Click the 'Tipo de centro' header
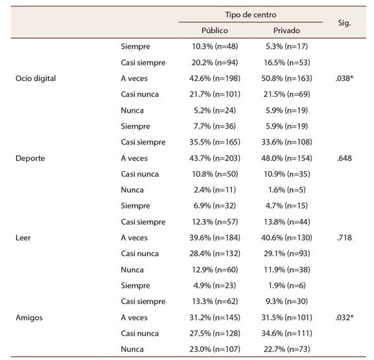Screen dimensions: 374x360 [x=250, y=15]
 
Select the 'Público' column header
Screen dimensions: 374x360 [x=215, y=30]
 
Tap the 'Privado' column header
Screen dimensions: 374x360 [x=287, y=30]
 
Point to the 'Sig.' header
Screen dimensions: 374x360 [x=344, y=23]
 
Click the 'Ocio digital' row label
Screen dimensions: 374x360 [x=35, y=79]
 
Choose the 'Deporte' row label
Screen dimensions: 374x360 [x=30, y=158]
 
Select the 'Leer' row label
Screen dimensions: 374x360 [x=23, y=238]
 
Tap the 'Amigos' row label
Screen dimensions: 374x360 [x=29, y=318]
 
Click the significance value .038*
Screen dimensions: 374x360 [x=344, y=78]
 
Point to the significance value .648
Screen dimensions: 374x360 [x=344, y=158]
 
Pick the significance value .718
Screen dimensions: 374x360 [x=344, y=238]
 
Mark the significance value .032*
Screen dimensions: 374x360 [x=344, y=318]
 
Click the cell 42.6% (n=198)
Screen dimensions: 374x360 [x=215, y=79]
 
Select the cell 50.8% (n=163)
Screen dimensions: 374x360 [x=287, y=79]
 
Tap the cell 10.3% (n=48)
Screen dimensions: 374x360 [x=215, y=46]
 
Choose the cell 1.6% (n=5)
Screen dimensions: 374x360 [x=287, y=190]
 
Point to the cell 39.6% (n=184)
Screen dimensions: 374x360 [x=215, y=238]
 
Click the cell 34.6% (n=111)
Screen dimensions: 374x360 [x=287, y=333]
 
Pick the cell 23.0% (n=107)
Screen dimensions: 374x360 [x=215, y=349]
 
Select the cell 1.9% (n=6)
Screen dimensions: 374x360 [x=287, y=286]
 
